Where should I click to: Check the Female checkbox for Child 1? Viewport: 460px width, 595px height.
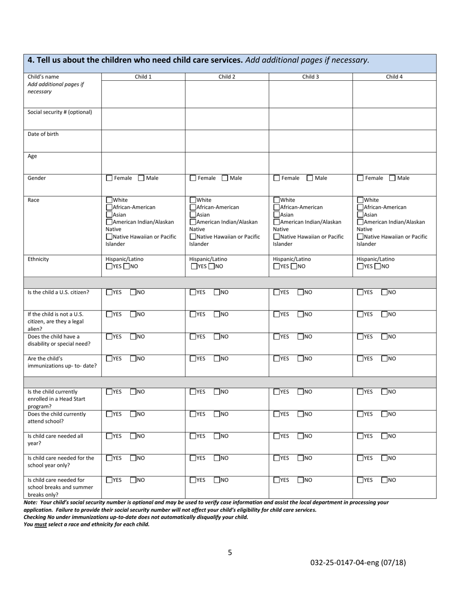[109, 178]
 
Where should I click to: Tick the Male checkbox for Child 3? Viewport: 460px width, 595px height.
[310, 178]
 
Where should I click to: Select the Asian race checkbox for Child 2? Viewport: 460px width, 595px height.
[193, 215]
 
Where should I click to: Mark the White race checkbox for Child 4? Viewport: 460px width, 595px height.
[360, 200]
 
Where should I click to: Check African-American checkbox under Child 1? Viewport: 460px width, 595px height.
[109, 208]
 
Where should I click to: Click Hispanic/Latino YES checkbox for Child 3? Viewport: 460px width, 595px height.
[276, 267]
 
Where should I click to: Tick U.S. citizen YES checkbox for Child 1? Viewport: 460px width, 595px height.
[109, 292]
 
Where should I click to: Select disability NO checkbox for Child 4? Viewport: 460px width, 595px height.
[385, 337]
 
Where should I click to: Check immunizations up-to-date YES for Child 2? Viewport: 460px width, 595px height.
[193, 359]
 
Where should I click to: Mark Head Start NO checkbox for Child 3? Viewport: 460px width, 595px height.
[301, 392]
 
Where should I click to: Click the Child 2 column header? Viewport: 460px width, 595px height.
[227, 76]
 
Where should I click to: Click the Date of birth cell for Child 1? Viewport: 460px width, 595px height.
[143, 141]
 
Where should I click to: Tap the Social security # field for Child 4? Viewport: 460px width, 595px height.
[394, 119]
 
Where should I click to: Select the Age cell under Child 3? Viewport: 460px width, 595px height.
[310, 163]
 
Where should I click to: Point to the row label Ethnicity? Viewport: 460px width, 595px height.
[38, 259]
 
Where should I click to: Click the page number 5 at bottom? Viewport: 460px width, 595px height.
[230, 552]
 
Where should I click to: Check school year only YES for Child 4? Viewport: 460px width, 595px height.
[360, 458]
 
